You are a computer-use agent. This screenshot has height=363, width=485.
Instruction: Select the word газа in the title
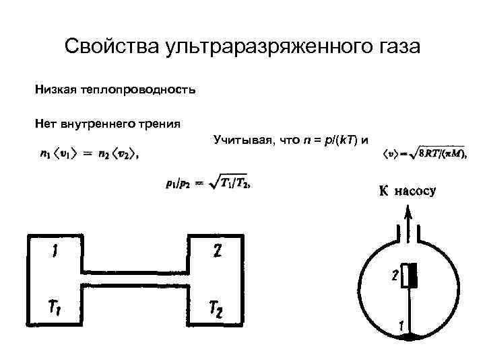(x=396, y=46)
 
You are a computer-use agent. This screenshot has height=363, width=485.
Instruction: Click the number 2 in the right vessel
(x=216, y=253)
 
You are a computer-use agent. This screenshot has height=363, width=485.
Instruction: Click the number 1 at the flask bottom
(x=401, y=325)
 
